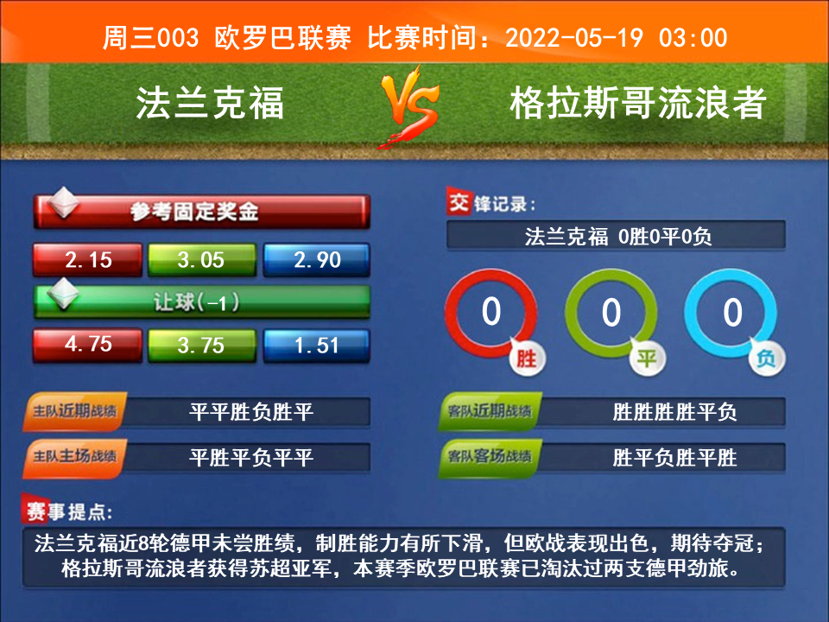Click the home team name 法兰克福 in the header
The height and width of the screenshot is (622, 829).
pos(210,103)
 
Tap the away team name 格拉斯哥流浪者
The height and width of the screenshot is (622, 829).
pos(638,103)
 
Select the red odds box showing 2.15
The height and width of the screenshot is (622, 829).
pos(88,260)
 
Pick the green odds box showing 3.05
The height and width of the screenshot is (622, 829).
pos(202,260)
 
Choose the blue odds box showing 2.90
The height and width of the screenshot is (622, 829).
pos(317,260)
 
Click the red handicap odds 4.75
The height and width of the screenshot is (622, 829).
pos(88,345)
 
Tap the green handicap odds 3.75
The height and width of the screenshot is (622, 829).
pos(202,345)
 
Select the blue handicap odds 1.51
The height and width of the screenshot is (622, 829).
pos(317,345)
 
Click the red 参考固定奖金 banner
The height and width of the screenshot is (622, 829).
pos(202,212)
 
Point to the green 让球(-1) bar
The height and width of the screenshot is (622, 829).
pos(202,302)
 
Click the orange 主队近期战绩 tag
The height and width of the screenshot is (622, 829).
pos(74,411)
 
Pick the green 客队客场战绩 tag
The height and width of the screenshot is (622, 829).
pos(490,456)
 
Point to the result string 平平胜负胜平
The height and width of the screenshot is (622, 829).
pos(251,411)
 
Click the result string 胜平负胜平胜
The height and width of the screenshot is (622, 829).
pos(674,457)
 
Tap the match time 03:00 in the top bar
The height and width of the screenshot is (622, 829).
pos(693,38)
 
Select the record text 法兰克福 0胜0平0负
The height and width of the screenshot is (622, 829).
pos(618,237)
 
